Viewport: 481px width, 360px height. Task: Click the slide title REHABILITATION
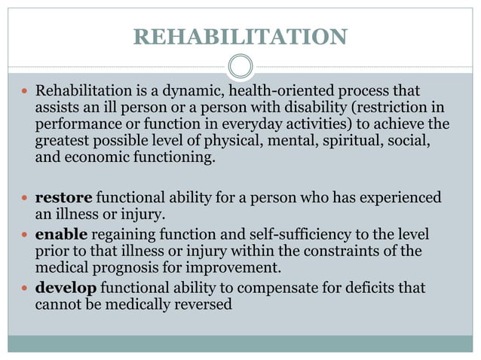240,36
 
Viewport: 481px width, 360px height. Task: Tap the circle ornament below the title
240,67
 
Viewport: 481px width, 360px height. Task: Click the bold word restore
63,198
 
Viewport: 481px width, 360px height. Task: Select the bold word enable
61,234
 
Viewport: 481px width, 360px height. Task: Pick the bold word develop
66,288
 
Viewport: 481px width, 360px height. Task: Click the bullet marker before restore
23,199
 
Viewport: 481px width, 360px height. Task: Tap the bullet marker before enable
23,235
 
